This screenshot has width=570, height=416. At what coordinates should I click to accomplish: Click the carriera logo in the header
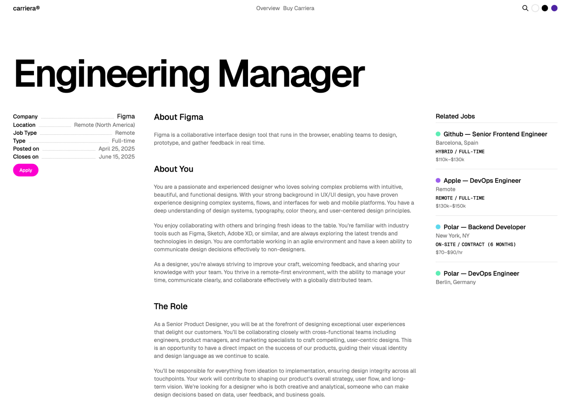point(26,8)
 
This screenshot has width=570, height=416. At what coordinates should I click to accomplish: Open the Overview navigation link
point(268,8)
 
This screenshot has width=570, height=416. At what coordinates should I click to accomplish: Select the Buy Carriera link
point(299,8)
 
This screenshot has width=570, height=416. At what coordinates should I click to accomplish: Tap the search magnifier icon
point(525,8)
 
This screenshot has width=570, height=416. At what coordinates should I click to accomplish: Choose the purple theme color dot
point(554,8)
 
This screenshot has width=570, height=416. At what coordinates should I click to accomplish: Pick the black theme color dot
point(545,8)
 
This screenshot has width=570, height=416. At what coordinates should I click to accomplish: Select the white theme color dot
point(535,8)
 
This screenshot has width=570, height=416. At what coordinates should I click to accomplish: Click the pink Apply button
point(26,170)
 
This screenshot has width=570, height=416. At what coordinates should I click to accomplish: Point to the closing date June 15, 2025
point(117,157)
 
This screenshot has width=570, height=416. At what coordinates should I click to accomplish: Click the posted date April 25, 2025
point(117,149)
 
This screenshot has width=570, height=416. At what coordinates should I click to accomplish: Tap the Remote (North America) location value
point(104,125)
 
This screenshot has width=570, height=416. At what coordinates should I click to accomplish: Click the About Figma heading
point(178,117)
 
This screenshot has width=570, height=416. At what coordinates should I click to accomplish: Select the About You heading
point(174,169)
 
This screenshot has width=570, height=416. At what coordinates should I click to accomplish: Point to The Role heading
point(171,306)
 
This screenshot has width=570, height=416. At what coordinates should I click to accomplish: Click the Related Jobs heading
point(455,117)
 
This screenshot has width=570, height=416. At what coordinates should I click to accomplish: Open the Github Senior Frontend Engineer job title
point(495,134)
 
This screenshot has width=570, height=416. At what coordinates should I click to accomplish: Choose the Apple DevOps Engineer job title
point(482,181)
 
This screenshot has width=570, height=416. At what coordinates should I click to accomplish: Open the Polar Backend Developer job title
point(485,227)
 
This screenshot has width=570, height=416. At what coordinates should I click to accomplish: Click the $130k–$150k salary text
point(451,206)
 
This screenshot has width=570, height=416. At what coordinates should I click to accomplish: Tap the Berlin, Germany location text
point(456,282)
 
